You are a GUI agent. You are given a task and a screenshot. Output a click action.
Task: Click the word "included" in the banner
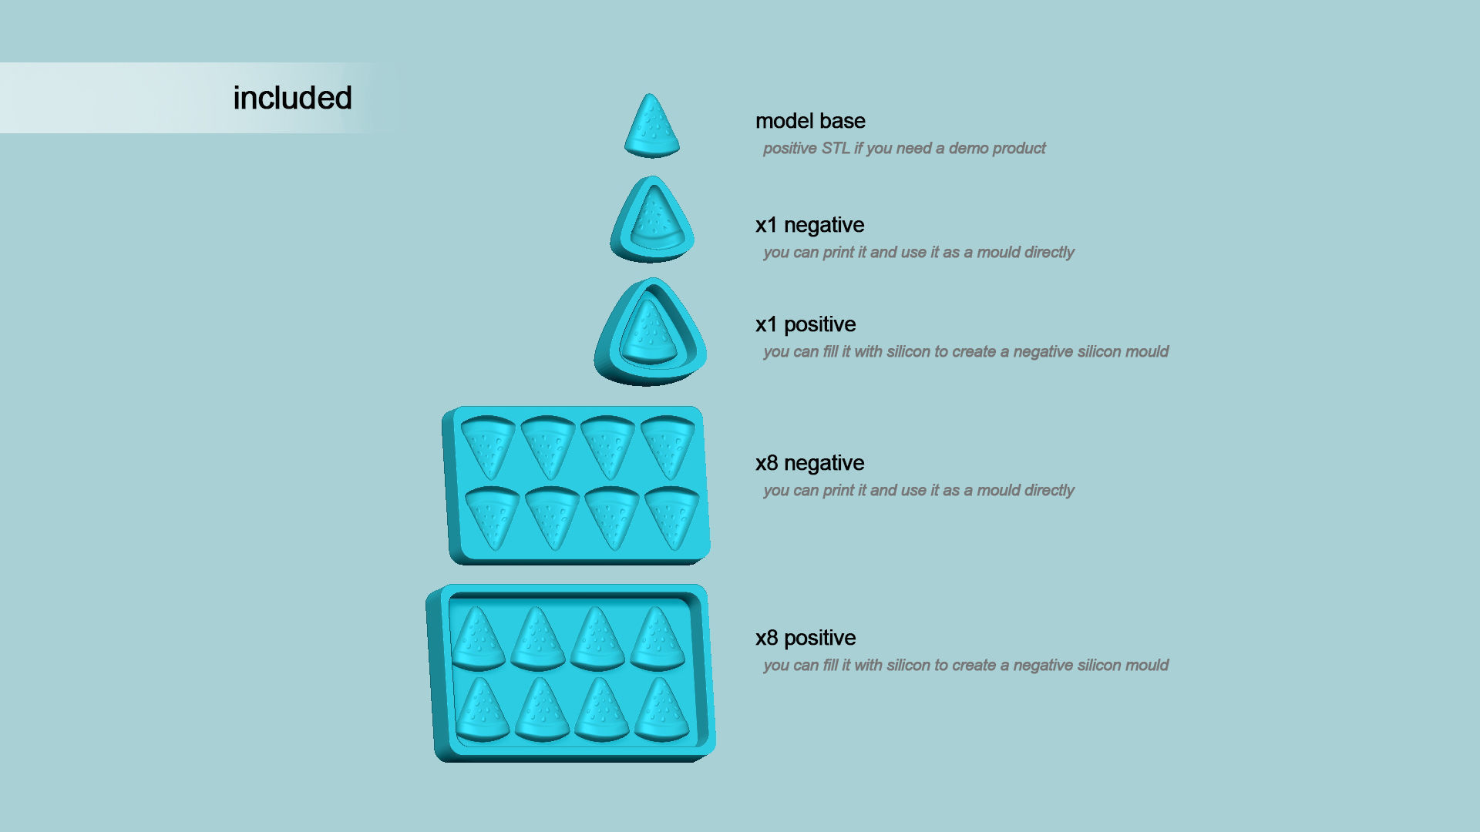292,99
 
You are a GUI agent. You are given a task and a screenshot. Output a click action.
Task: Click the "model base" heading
810,121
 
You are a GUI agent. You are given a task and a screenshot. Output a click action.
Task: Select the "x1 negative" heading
809,225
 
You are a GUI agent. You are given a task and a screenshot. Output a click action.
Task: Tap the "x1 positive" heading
806,324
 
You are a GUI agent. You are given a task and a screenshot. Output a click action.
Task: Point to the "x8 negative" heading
809,463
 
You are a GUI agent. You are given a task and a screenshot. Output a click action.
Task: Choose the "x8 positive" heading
806,638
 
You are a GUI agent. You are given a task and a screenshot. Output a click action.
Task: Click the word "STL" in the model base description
836,148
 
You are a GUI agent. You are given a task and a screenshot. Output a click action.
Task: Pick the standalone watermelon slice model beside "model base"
652,127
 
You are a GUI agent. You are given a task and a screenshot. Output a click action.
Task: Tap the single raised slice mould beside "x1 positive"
650,333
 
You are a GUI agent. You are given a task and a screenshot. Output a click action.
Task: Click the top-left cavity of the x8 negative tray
488,445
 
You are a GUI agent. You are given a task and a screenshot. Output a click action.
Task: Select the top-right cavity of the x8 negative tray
668,445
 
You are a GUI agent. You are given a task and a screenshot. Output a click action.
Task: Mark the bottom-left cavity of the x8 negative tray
493,516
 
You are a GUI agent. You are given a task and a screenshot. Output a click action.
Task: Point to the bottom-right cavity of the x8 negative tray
671,516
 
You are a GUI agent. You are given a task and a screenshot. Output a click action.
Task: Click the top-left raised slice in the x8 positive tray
478,639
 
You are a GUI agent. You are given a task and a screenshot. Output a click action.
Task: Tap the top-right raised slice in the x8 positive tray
657,639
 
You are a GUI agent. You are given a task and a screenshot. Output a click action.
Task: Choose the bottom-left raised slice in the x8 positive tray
483,710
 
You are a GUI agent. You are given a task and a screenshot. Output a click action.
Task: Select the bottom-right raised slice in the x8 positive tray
661,710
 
